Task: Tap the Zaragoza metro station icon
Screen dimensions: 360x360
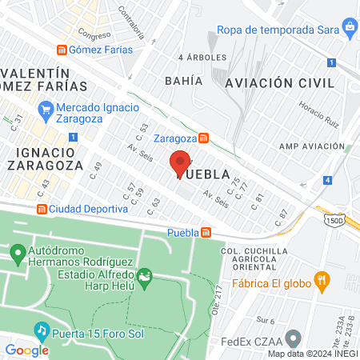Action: (x=204, y=138)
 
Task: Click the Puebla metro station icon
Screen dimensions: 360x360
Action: (x=206, y=233)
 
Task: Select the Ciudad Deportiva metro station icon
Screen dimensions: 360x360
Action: (x=41, y=209)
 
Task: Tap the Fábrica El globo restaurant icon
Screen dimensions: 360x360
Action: (x=322, y=280)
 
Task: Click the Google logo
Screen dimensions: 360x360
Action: (x=26, y=350)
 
